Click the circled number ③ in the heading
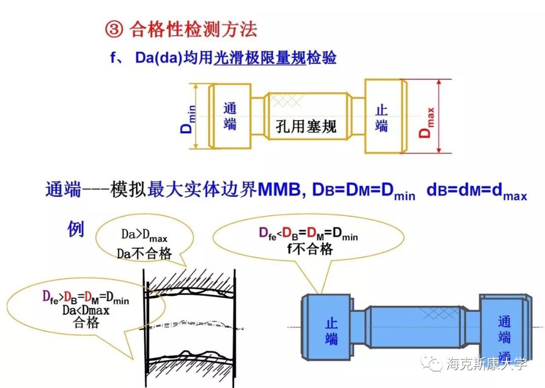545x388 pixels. click(x=114, y=29)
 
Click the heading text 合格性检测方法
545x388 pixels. click(x=193, y=29)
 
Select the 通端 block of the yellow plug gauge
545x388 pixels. click(x=230, y=116)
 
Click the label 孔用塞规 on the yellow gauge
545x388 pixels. click(x=306, y=126)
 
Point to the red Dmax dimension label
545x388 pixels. click(x=427, y=120)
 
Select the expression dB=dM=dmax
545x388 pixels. click(x=476, y=192)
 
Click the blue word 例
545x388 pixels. click(x=76, y=229)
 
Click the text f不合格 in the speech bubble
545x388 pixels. click(x=309, y=248)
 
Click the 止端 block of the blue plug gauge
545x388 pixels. click(x=331, y=328)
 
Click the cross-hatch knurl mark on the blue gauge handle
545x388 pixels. click(x=434, y=314)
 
